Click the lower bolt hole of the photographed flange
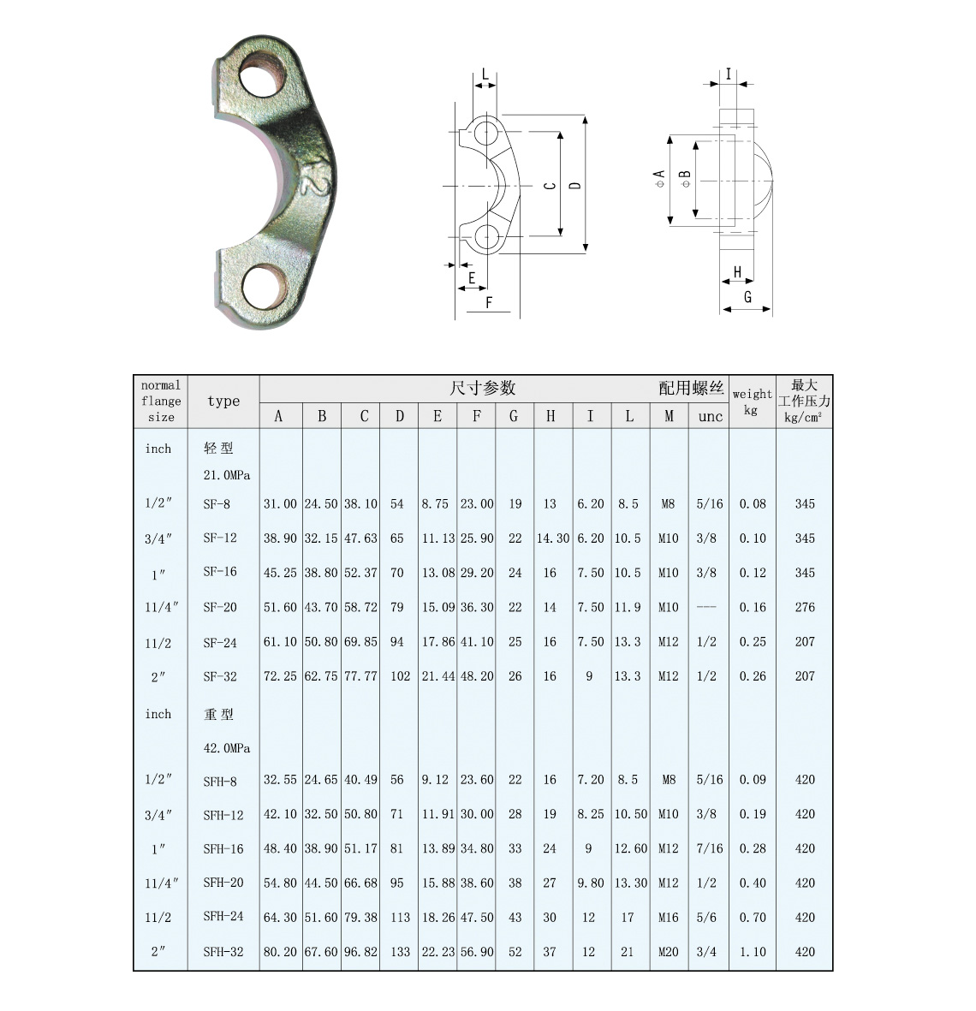tap(262, 286)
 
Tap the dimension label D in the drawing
tap(575, 185)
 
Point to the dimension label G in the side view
tap(747, 297)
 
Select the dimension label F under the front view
tap(489, 302)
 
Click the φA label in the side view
tap(659, 179)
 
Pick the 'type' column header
tap(223, 401)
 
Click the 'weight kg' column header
tap(752, 401)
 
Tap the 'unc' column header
tap(710, 417)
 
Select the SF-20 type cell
tap(220, 608)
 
